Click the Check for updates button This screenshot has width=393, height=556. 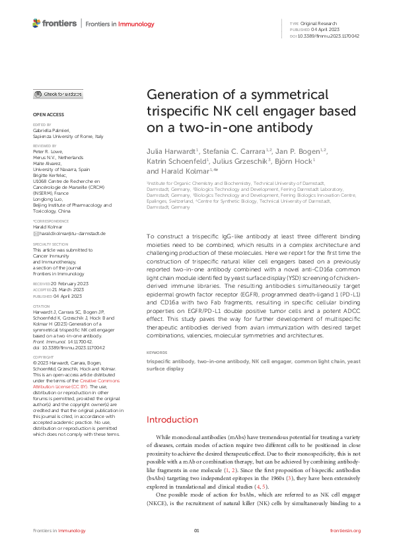(x=58, y=94)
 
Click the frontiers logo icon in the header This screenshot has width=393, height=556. (x=37, y=23)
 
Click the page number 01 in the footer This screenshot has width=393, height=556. (x=196, y=530)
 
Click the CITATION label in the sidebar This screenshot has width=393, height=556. (x=41, y=306)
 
